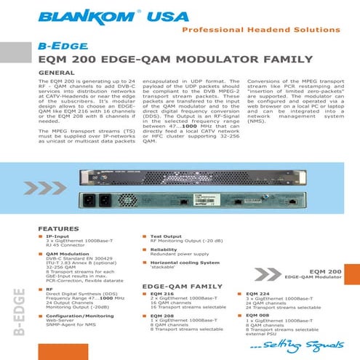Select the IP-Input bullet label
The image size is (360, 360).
click(x=58, y=237)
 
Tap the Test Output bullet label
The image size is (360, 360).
click(x=167, y=237)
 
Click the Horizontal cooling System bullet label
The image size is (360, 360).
click(x=185, y=262)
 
